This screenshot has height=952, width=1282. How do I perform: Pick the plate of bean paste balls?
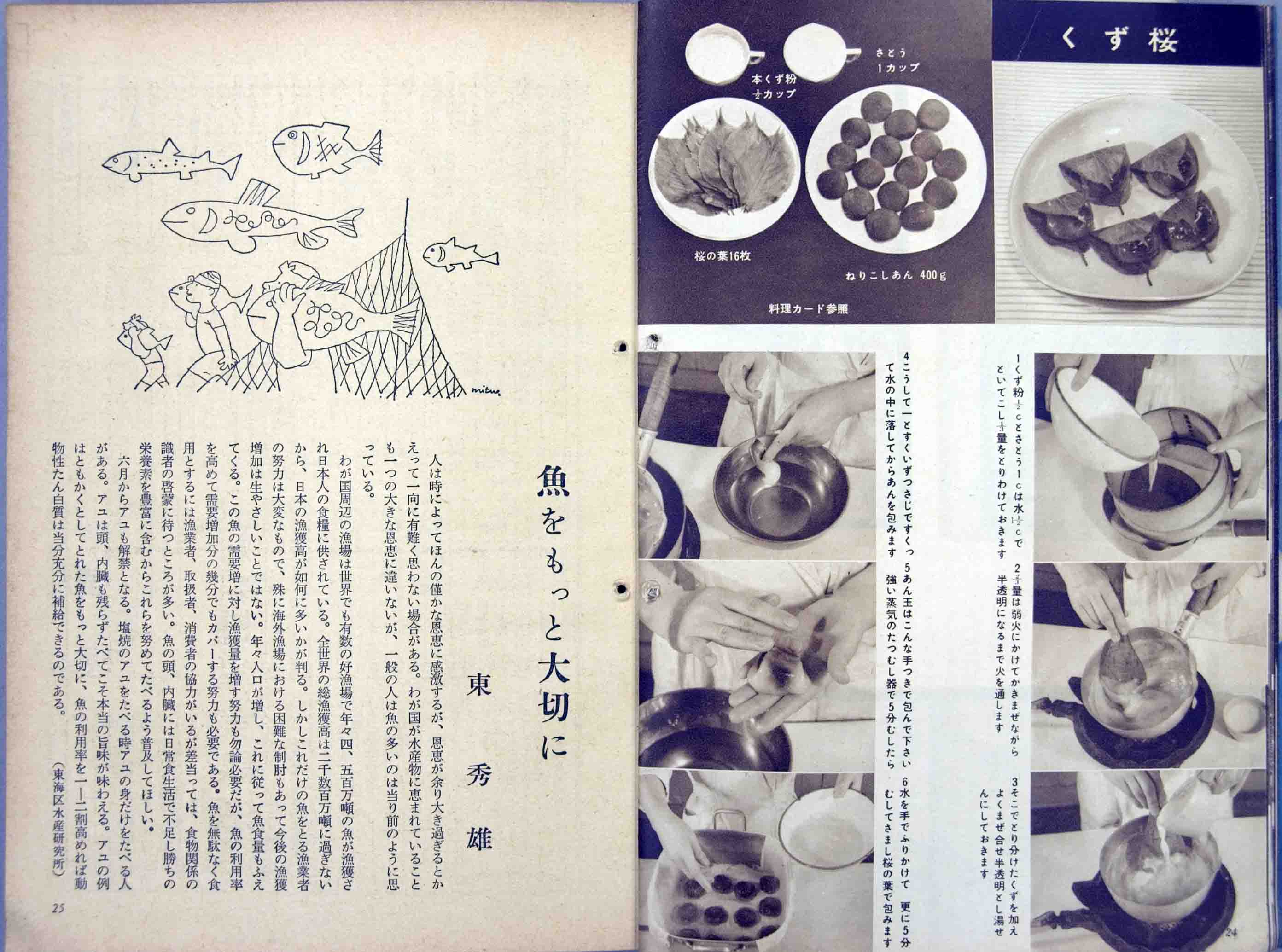pyautogui.click(x=891, y=173)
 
